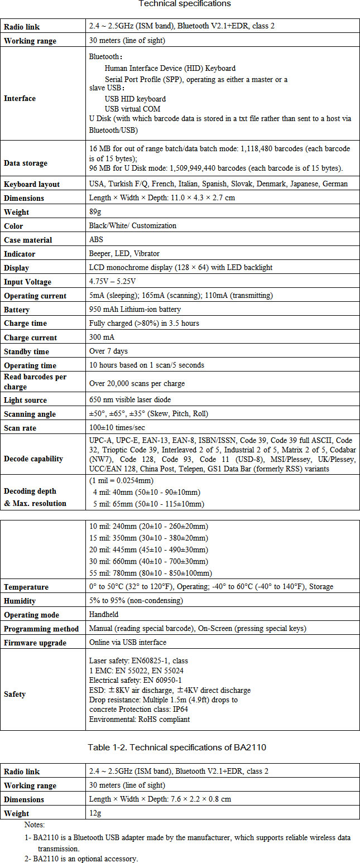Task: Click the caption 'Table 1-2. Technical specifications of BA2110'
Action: click(x=180, y=747)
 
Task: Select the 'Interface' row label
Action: click(x=20, y=99)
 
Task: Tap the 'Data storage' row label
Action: click(x=26, y=163)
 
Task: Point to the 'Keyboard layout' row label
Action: click(x=32, y=184)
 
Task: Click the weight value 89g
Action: click(x=95, y=212)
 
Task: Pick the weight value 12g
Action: click(x=95, y=813)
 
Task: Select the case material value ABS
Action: click(x=96, y=240)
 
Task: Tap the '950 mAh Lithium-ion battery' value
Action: click(x=135, y=310)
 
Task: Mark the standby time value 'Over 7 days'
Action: click(x=108, y=351)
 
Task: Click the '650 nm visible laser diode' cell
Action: click(x=131, y=400)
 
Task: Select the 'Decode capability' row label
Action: click(x=33, y=459)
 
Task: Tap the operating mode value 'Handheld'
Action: click(x=104, y=615)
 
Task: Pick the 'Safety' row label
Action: click(x=15, y=695)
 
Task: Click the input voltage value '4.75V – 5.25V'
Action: click(x=112, y=282)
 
